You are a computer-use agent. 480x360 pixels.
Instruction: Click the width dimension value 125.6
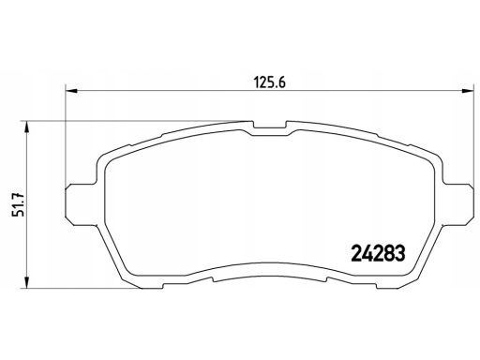(269, 82)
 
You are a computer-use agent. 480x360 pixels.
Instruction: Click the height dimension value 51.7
(18, 204)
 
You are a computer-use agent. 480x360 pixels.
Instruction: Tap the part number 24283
(378, 253)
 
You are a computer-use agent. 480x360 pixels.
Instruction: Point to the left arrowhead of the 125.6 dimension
(70, 91)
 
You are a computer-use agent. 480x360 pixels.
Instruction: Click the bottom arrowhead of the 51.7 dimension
(27, 282)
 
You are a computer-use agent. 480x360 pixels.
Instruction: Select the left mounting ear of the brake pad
(81, 203)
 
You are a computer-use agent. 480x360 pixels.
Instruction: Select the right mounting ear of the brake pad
(457, 203)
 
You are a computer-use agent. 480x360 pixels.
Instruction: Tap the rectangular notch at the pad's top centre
(270, 125)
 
